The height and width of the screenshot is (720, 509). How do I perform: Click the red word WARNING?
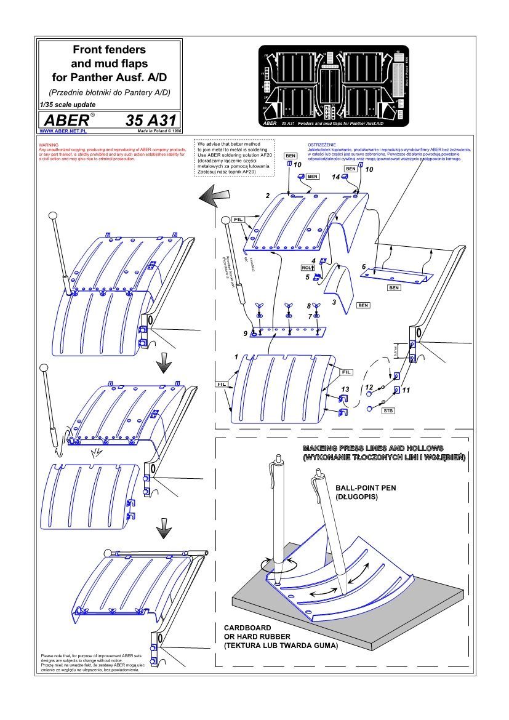tap(48, 145)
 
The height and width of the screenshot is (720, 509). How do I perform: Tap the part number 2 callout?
tap(267, 196)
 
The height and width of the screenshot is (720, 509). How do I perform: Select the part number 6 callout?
tap(364, 266)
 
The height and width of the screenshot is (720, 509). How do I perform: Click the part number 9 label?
tap(246, 334)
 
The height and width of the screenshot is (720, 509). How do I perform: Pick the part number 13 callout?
tap(345, 389)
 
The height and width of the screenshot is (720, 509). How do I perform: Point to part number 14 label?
tap(336, 177)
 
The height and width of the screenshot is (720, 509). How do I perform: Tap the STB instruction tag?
tap(388, 409)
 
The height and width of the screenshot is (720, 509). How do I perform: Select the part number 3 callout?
tap(334, 302)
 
